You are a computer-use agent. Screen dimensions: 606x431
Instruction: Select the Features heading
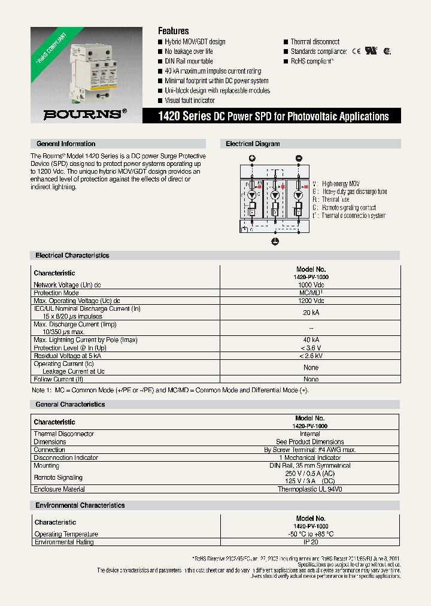click(x=173, y=31)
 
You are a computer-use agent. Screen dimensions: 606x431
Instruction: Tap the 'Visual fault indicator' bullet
click(x=189, y=101)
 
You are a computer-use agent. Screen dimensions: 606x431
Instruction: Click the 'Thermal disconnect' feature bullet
click(x=315, y=42)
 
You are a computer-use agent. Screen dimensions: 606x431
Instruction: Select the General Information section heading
click(x=66, y=144)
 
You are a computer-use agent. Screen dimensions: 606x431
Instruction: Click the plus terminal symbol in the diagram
click(x=252, y=159)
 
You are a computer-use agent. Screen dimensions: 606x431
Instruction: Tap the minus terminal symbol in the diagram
click(x=299, y=159)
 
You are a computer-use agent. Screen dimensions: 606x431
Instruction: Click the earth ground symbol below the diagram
click(x=275, y=241)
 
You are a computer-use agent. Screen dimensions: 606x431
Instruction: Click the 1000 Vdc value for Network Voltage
click(x=311, y=285)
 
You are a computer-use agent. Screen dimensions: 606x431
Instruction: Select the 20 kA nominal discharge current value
click(x=311, y=313)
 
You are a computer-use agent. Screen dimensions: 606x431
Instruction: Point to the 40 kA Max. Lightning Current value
click(x=311, y=340)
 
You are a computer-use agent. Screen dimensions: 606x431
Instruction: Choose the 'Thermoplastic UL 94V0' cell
click(x=309, y=489)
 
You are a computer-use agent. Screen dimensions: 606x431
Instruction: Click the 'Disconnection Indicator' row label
click(x=66, y=457)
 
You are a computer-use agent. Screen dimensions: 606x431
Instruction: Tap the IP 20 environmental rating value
click(x=311, y=542)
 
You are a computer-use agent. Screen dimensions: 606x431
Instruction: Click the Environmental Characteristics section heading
click(x=80, y=505)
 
